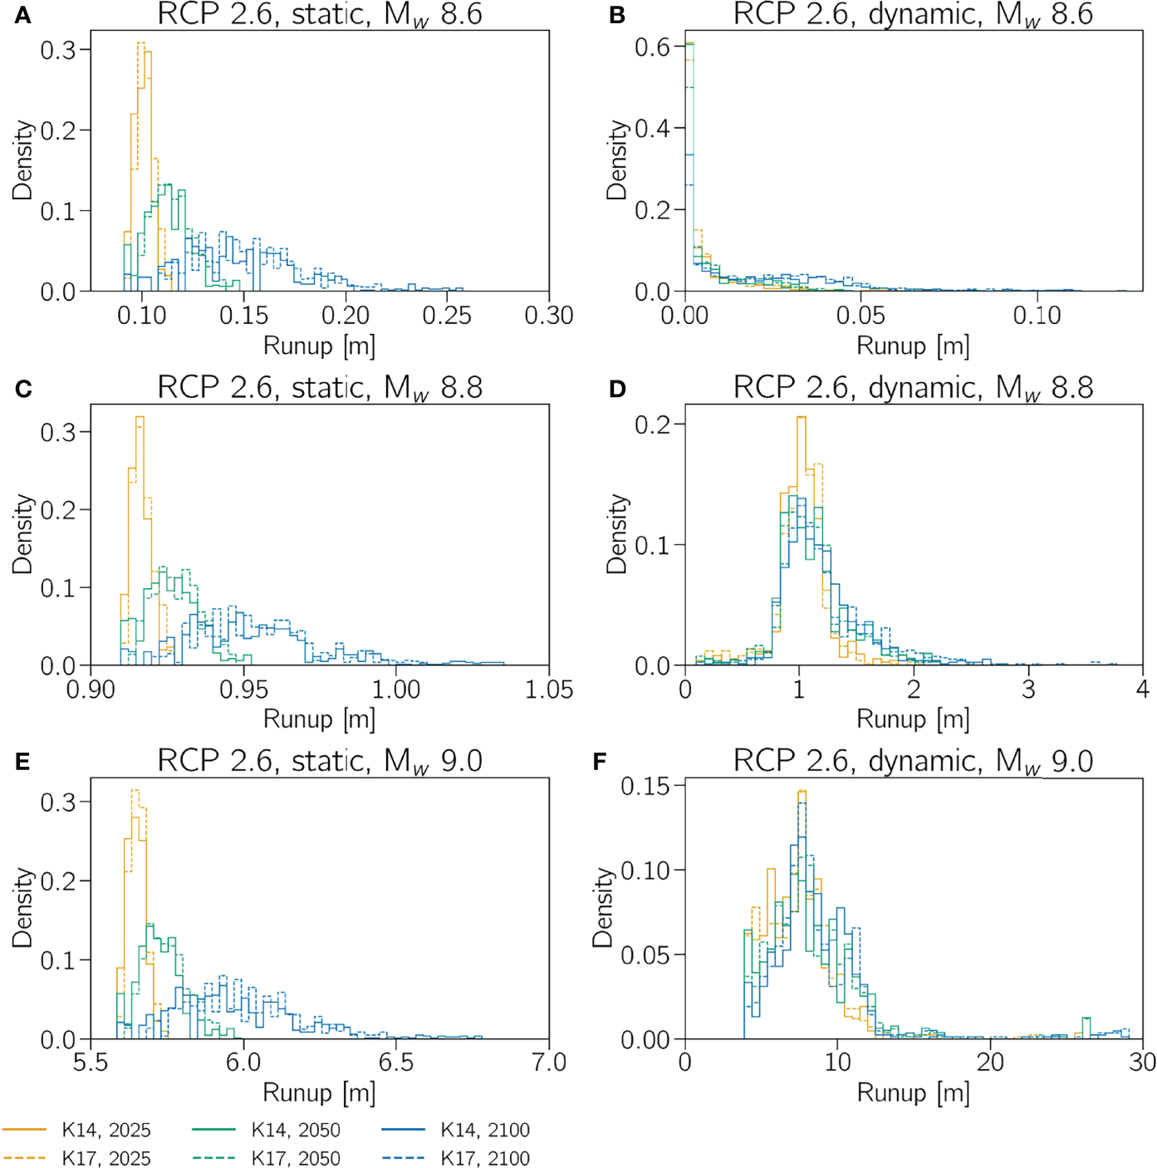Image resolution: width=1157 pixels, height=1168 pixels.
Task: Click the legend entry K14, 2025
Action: [x=105, y=1130]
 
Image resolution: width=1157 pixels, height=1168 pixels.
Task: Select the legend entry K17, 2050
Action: [x=295, y=1158]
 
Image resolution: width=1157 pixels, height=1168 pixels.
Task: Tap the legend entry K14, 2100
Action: [x=484, y=1130]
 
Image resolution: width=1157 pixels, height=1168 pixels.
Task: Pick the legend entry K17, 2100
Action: [x=484, y=1158]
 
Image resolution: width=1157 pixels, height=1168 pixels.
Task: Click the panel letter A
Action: [x=22, y=16]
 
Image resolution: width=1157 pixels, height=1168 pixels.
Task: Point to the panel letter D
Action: [x=617, y=389]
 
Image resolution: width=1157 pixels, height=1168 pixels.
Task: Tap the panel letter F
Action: [x=600, y=762]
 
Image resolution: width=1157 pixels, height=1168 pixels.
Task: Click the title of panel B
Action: [x=913, y=15]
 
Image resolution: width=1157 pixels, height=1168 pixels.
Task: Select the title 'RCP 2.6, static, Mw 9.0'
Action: [x=320, y=761]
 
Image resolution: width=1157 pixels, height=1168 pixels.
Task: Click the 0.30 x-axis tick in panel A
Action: [x=548, y=316]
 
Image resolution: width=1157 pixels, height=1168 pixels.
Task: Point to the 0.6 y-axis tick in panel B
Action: [x=652, y=47]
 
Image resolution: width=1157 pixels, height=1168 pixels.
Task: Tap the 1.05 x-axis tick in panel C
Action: [x=548, y=690]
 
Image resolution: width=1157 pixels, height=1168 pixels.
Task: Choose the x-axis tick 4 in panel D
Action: [x=1143, y=690]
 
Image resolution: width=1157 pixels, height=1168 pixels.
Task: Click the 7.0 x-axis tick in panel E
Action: [x=548, y=1062]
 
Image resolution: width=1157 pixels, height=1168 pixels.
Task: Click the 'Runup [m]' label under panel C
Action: [x=319, y=719]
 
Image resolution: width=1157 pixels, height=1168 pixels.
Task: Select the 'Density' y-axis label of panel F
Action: [x=602, y=908]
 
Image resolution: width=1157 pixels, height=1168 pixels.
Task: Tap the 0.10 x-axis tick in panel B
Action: [x=1037, y=316]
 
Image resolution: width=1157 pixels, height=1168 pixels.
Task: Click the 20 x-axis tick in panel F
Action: [x=990, y=1062]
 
